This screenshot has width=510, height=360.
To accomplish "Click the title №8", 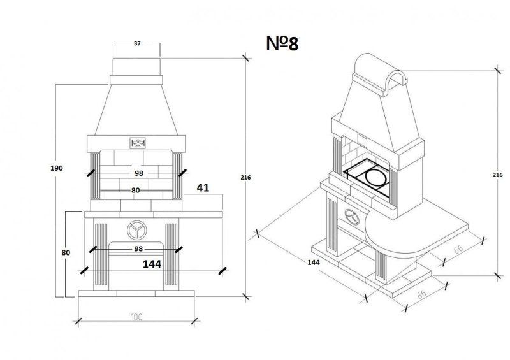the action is pyautogui.click(x=282, y=43).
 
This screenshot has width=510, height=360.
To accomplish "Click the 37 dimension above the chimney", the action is pyautogui.click(x=137, y=43).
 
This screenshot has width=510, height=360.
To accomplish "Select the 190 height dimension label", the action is pyautogui.click(x=57, y=168).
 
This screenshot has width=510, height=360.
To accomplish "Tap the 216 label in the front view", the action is pyautogui.click(x=245, y=177).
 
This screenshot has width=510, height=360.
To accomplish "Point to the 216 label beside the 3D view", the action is pyautogui.click(x=497, y=175).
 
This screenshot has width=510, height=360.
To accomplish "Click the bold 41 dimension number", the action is pyautogui.click(x=203, y=187).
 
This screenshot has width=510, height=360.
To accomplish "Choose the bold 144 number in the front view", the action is pyautogui.click(x=152, y=264).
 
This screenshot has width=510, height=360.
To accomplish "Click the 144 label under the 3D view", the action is pyautogui.click(x=314, y=262).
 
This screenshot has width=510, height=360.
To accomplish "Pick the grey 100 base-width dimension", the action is pyautogui.click(x=136, y=317).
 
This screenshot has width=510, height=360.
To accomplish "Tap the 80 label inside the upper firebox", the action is pyautogui.click(x=136, y=191).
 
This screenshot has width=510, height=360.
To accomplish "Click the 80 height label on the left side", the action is pyautogui.click(x=66, y=252).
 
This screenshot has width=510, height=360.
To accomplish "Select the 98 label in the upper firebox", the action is pyautogui.click(x=139, y=173).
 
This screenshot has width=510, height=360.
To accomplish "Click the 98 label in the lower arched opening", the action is pyautogui.click(x=138, y=248).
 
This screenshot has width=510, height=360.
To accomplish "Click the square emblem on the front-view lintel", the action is pyautogui.click(x=138, y=143).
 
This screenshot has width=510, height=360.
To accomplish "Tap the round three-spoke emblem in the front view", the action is pyautogui.click(x=136, y=230).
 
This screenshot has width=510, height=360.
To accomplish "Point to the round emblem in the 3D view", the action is pyautogui.click(x=352, y=216).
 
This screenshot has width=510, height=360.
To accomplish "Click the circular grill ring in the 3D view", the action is pyautogui.click(x=376, y=178).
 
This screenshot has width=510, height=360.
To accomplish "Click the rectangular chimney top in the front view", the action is pyautogui.click(x=136, y=67).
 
